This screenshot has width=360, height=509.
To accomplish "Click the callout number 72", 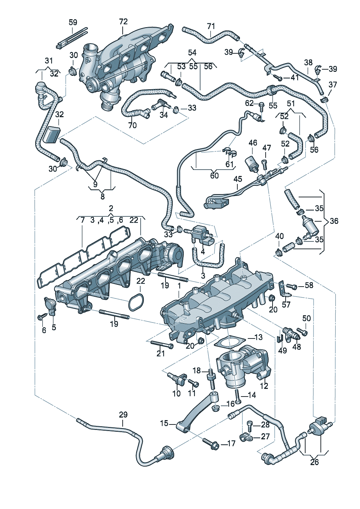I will point(123,22).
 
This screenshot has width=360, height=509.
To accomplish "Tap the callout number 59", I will point(73,22).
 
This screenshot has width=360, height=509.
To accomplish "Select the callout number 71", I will point(211,26).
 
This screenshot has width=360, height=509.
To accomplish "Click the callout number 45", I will point(238,179).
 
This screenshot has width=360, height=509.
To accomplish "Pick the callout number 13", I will point(258,337).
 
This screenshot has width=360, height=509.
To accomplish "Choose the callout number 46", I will point(253,143).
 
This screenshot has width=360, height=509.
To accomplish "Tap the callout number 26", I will point(314,462).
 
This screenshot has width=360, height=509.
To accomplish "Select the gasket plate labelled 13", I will point(229,343).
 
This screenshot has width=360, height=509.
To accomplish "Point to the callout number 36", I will point(334,221).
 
